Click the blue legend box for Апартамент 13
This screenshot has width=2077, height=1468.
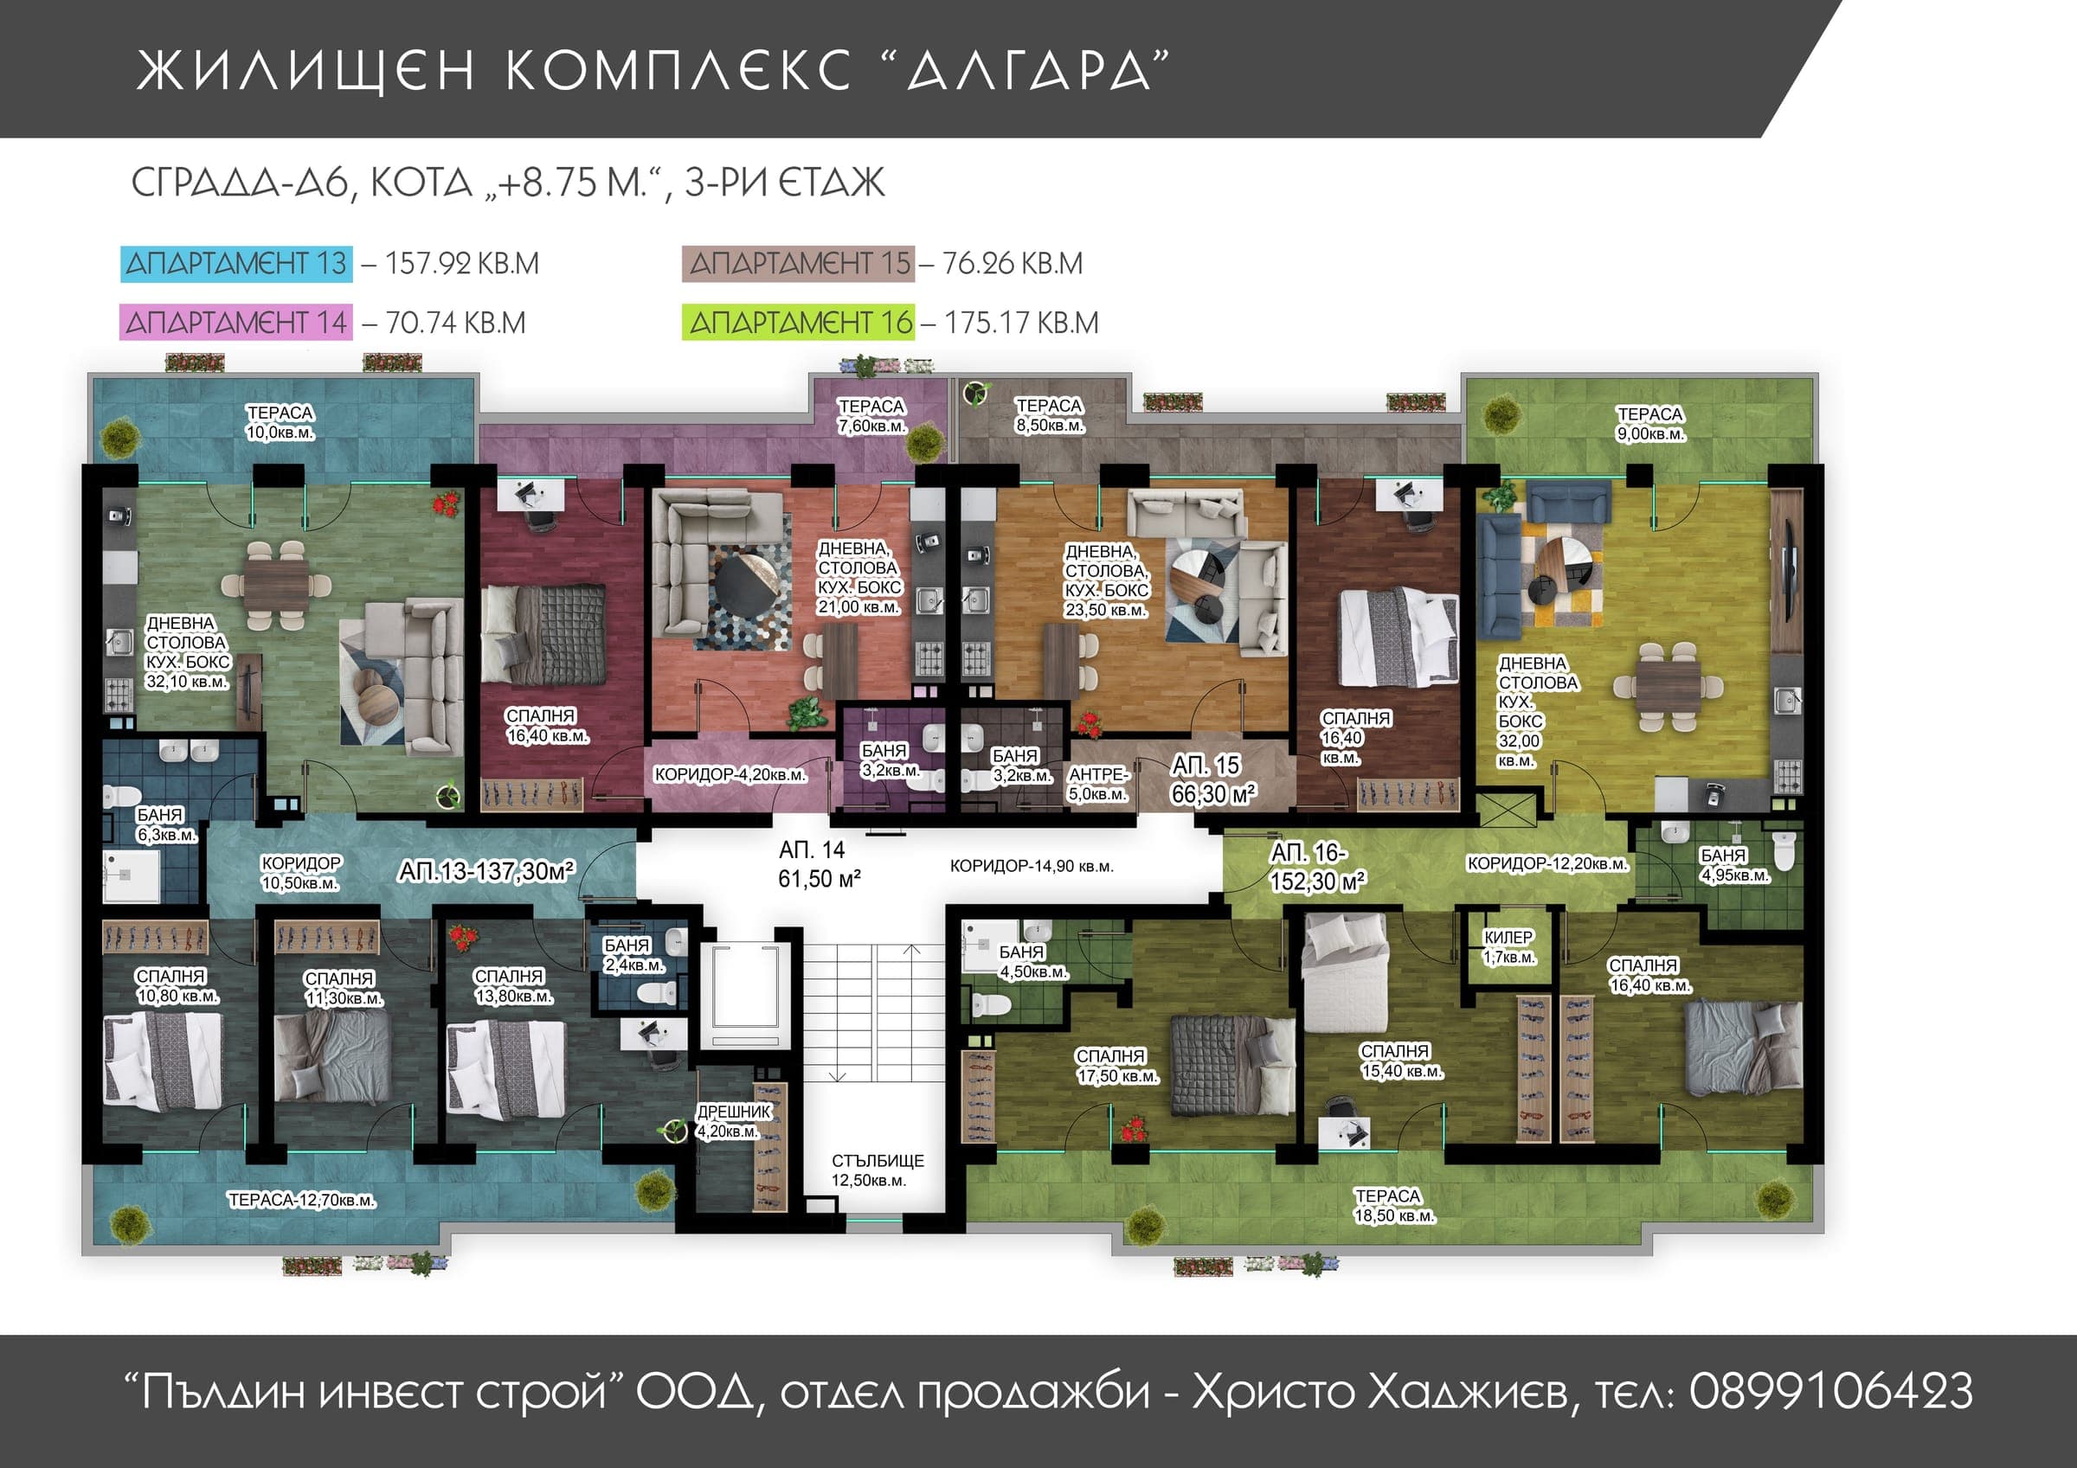(236, 263)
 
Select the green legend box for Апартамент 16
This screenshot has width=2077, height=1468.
(799, 323)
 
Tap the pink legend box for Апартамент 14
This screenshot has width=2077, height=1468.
(235, 323)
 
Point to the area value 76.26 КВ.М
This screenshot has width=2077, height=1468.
(1013, 263)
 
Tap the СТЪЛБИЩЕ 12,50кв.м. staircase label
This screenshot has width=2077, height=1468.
(877, 1170)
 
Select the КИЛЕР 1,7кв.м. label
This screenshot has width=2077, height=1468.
(1508, 947)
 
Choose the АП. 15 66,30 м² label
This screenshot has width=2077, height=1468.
(1212, 779)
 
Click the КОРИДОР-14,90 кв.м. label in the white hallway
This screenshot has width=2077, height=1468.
(1032, 867)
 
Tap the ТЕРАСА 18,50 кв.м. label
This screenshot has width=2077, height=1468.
(1393, 1206)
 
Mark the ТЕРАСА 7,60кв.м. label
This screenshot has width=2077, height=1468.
(871, 416)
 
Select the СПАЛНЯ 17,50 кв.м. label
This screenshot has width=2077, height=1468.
(1116, 1067)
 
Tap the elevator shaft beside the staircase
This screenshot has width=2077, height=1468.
(745, 995)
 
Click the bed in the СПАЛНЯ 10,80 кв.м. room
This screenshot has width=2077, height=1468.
(163, 1060)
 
